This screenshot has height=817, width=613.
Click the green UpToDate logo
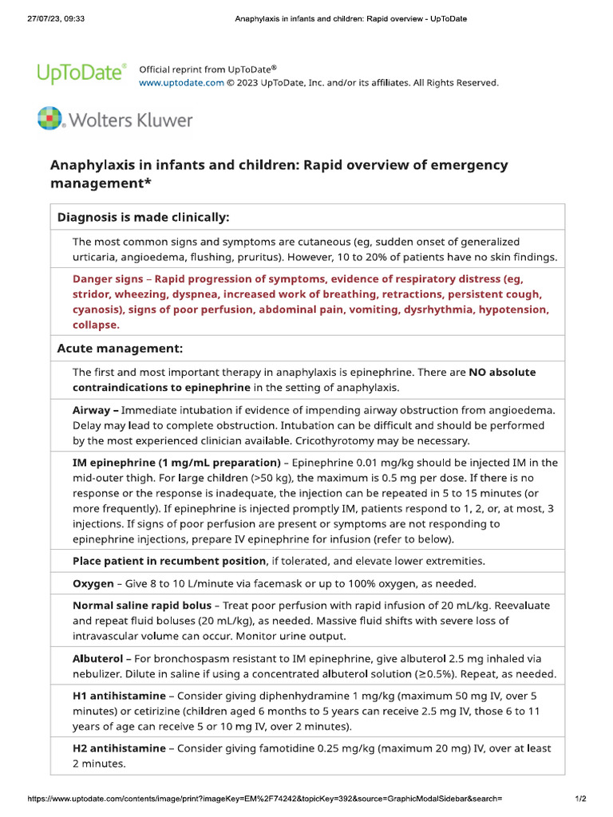pos(81,74)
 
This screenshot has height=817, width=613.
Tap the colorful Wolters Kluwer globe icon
pos(49,119)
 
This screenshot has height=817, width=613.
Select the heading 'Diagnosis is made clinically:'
pos(143,217)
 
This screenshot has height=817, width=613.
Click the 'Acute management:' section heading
pos(120,349)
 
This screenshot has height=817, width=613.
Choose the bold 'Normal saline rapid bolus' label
pos(141,606)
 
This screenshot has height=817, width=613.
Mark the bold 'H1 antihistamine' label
pos(119,696)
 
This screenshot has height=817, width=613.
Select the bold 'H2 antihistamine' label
pos(119,748)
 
